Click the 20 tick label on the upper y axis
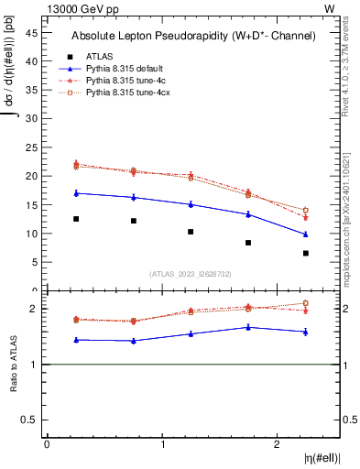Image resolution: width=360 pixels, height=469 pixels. (31, 176)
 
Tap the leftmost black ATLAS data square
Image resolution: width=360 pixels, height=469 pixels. (76, 219)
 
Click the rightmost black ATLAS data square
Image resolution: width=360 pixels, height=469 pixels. (306, 253)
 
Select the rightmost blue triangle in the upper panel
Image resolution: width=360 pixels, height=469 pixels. (306, 234)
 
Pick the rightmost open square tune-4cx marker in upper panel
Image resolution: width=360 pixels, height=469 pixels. (306, 211)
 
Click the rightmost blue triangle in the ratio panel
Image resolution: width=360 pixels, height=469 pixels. (306, 332)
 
